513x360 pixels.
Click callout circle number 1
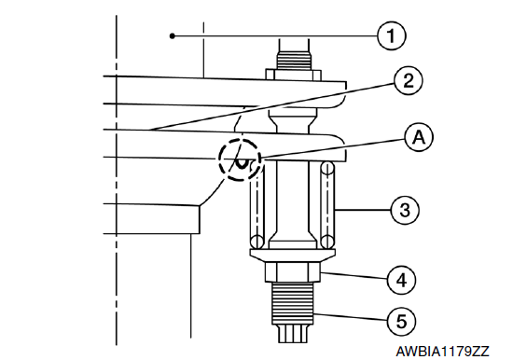click(392, 35)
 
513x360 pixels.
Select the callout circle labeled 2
click(408, 80)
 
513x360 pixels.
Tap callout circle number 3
click(405, 210)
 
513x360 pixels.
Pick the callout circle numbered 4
click(401, 280)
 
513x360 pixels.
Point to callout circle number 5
click(401, 321)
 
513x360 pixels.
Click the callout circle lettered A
click(419, 137)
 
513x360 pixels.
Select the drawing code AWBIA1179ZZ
click(442, 352)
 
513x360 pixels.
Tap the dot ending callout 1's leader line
click(173, 35)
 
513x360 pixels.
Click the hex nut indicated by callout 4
click(292, 271)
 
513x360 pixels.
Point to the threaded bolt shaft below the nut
click(292, 303)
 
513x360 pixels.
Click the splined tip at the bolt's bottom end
click(293, 334)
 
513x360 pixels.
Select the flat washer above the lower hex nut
click(293, 253)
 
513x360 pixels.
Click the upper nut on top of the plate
click(293, 75)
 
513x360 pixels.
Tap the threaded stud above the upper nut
click(293, 54)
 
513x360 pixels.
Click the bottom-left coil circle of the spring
click(257, 242)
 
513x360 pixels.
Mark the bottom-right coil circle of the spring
click(327, 242)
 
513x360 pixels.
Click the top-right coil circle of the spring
click(327, 169)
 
